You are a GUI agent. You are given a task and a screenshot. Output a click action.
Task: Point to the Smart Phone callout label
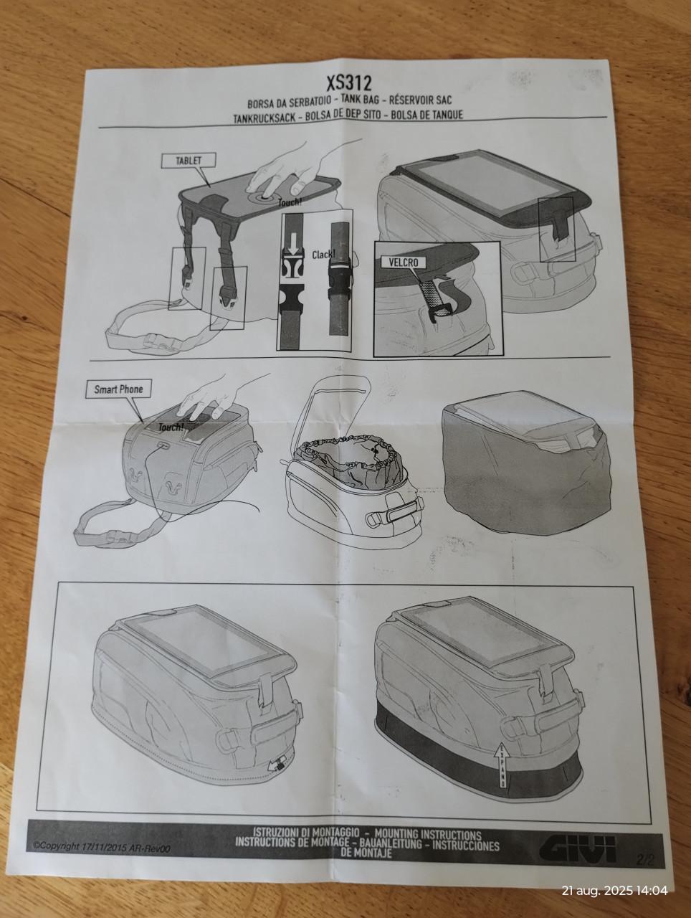click(x=118, y=390)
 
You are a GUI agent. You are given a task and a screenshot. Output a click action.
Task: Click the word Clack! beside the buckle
click(x=324, y=255)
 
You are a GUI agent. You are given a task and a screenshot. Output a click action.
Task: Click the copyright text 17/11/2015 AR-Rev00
click(x=102, y=846)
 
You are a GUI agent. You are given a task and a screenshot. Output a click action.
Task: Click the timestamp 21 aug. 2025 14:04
click(x=614, y=891)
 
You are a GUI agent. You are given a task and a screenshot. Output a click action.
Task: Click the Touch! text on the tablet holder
click(x=290, y=203)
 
